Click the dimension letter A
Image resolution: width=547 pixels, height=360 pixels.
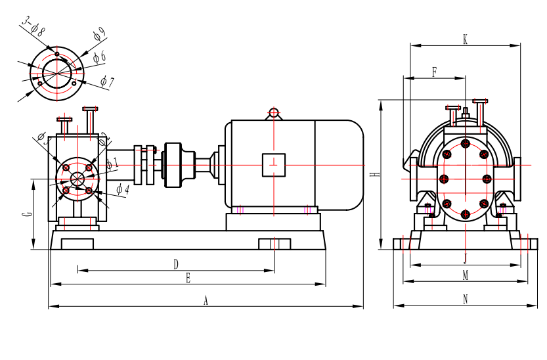[x=206, y=300]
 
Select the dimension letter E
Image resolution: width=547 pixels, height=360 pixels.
[x=188, y=279]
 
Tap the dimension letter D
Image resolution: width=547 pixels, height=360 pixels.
[x=176, y=264]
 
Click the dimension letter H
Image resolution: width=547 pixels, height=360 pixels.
[x=373, y=175]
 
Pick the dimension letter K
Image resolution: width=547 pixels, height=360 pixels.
[x=465, y=39]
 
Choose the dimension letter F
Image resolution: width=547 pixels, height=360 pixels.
[x=435, y=72]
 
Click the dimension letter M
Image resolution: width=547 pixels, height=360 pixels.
[x=465, y=275]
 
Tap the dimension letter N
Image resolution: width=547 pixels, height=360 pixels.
[x=465, y=300]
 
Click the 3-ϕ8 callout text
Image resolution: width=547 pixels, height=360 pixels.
[x=33, y=26]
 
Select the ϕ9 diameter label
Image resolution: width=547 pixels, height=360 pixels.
[x=99, y=33]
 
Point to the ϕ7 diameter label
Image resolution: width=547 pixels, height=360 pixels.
[x=108, y=82]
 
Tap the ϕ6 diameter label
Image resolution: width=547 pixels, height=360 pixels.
[x=99, y=57]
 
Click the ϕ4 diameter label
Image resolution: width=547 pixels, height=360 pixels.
[x=122, y=189]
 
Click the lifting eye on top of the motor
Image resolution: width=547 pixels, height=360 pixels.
[x=274, y=114]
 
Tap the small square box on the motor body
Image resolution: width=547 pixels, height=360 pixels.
[x=274, y=164]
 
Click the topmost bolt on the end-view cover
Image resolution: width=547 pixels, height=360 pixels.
[x=465, y=143]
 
